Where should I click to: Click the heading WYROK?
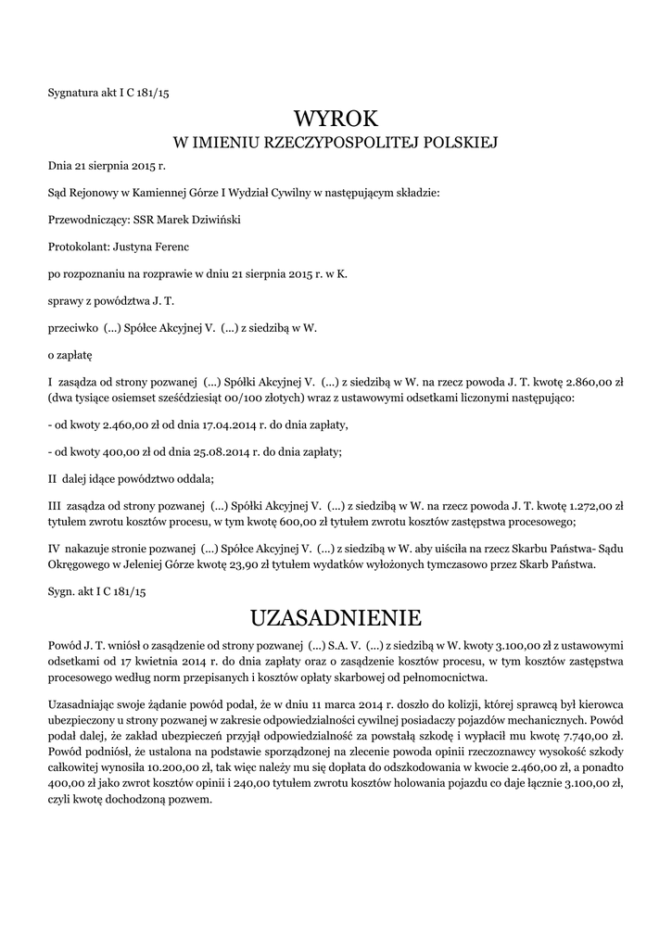click(x=336, y=119)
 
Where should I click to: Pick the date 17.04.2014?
click(x=196, y=424)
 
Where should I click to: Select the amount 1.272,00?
click(x=581, y=506)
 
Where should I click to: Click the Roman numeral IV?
click(x=54, y=549)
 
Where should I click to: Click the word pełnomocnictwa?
click(x=423, y=677)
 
